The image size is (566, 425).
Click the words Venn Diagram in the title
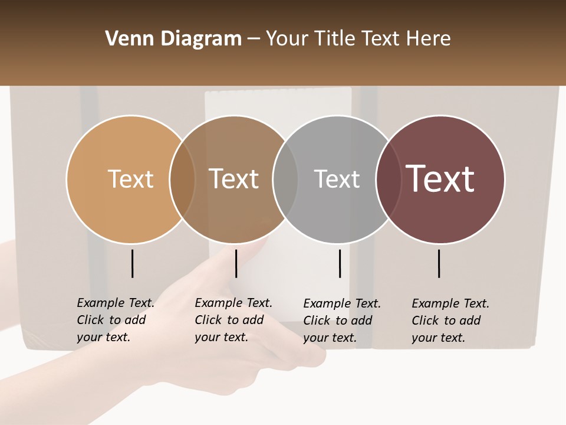click(x=173, y=39)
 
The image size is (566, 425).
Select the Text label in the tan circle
click(x=130, y=179)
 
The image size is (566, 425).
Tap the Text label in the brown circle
click(x=233, y=179)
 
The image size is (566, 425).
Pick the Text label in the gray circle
click(x=337, y=179)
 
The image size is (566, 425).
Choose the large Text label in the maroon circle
click(x=440, y=179)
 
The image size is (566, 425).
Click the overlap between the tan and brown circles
click(x=182, y=179)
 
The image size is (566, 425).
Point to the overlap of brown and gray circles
click(x=285, y=179)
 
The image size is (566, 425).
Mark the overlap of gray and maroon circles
click(x=388, y=179)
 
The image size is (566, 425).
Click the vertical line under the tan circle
click(x=133, y=263)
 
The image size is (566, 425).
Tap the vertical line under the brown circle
click(x=236, y=263)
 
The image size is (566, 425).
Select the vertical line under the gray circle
click(x=340, y=263)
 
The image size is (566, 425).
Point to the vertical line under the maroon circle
click(x=439, y=263)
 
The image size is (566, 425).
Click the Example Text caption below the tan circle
click(x=115, y=320)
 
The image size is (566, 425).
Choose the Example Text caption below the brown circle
click(x=233, y=320)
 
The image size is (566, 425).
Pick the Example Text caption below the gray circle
click(x=341, y=321)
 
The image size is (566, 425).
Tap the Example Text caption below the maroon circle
click(x=450, y=321)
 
